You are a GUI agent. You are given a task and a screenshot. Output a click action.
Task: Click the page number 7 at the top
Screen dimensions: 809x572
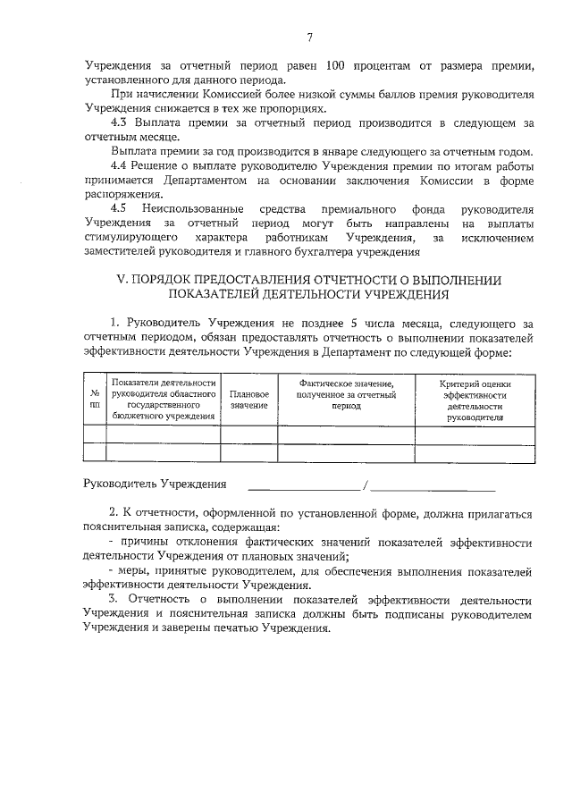[x=309, y=37]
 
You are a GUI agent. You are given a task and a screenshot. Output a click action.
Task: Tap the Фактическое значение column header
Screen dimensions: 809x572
[x=345, y=394]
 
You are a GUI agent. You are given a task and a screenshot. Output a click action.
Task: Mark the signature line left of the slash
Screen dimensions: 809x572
[x=304, y=489]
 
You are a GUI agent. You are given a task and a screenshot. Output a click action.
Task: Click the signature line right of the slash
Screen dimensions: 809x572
[x=433, y=489]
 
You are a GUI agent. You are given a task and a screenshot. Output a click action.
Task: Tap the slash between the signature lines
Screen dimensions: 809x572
[x=366, y=485]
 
